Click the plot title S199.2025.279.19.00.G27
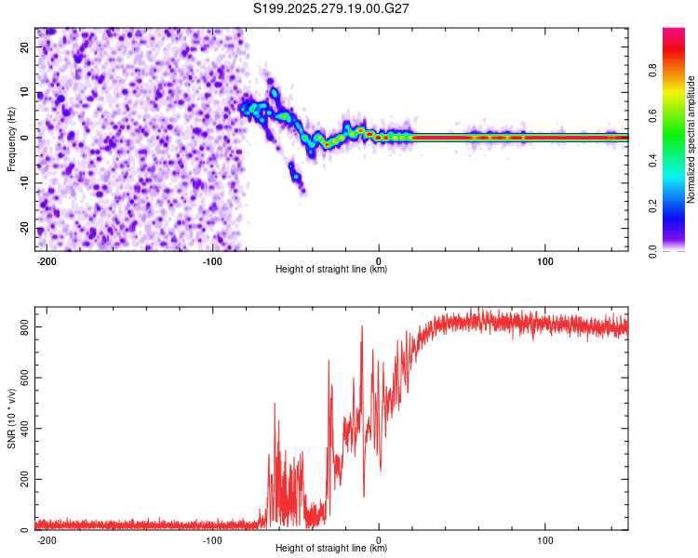pos(332,10)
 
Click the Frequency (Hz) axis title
pos(12,139)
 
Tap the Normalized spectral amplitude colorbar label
pos(691,139)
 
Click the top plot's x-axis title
pos(331,270)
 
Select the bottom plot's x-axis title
pos(331,549)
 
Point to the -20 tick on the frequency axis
pos(24,229)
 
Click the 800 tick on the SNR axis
pos(20,327)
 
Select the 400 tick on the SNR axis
pos(20,429)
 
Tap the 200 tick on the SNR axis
pos(20,480)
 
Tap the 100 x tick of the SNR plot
pos(545,538)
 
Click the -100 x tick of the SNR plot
pos(212,538)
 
